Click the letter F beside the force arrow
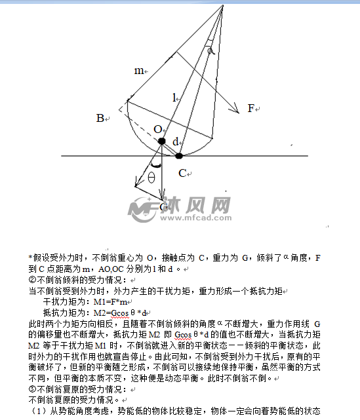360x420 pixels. [250, 109]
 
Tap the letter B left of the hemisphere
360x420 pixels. [100, 119]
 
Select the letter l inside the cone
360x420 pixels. [174, 98]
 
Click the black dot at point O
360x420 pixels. [162, 141]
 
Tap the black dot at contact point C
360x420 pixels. [178, 156]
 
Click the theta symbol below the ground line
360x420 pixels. [151, 177]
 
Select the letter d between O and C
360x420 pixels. [175, 142]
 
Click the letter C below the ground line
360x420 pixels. [183, 173]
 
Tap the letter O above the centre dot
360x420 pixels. [157, 128]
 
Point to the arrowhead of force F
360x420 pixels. [236, 113]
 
